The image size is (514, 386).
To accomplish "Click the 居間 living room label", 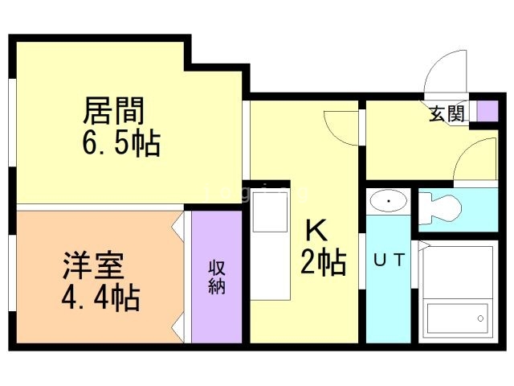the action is click(x=114, y=110).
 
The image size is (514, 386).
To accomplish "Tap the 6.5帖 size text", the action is click(x=121, y=143).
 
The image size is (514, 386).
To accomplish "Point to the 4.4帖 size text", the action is click(x=101, y=298).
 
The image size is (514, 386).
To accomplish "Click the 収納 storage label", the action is click(x=217, y=277).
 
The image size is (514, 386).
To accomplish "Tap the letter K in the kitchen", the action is click(x=316, y=230).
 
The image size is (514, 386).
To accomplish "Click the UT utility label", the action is click(x=389, y=261).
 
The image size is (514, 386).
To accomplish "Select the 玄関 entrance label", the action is click(x=447, y=114).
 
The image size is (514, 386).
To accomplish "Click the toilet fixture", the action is click(x=440, y=208).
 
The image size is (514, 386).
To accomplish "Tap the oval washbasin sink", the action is click(x=389, y=200).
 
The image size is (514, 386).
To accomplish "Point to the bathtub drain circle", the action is click(x=480, y=318).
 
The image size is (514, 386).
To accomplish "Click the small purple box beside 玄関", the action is click(x=487, y=111).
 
